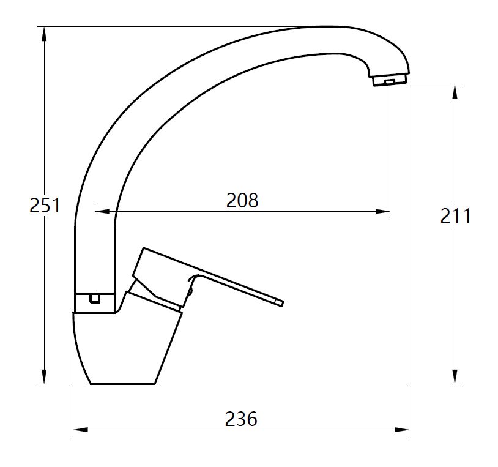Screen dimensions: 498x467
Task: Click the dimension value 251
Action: point(45,205)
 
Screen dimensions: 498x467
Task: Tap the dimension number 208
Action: point(242,201)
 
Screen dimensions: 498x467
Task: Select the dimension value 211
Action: point(455,216)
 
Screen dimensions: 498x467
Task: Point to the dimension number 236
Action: point(241,419)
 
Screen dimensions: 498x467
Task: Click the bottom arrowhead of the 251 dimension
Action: point(45,376)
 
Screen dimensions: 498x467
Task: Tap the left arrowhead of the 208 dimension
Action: point(102,211)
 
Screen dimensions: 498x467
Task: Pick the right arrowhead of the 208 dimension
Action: point(382,211)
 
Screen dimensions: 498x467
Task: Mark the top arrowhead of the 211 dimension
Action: point(455,91)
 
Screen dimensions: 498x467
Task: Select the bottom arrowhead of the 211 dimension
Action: point(455,376)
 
